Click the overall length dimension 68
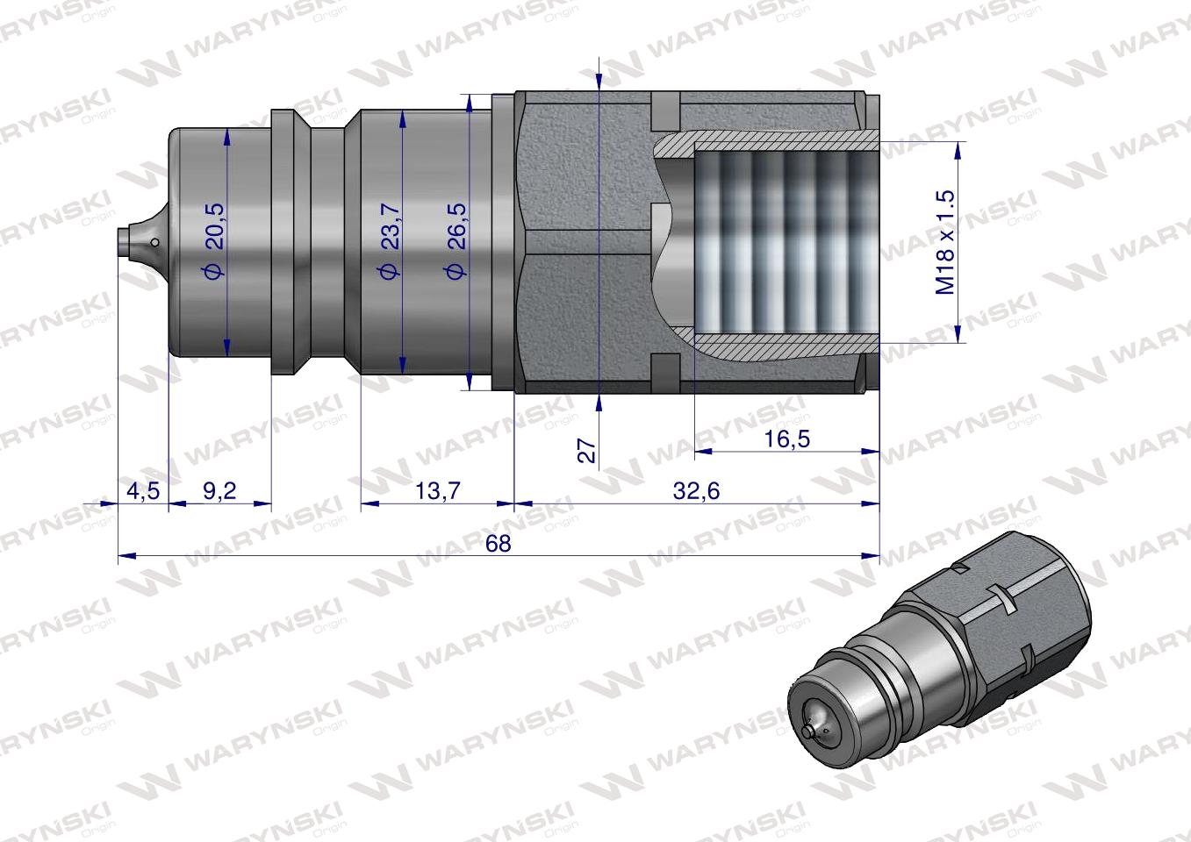pyautogui.click(x=498, y=543)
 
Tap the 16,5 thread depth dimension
pyautogui.click(x=786, y=439)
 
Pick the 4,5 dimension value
pyautogui.click(x=142, y=491)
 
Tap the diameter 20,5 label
pyautogui.click(x=213, y=241)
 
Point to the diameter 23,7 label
pyautogui.click(x=389, y=241)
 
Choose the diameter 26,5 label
pyautogui.click(x=456, y=241)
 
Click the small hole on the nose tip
pyautogui.click(x=154, y=243)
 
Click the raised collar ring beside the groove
pyautogui.click(x=283, y=241)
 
